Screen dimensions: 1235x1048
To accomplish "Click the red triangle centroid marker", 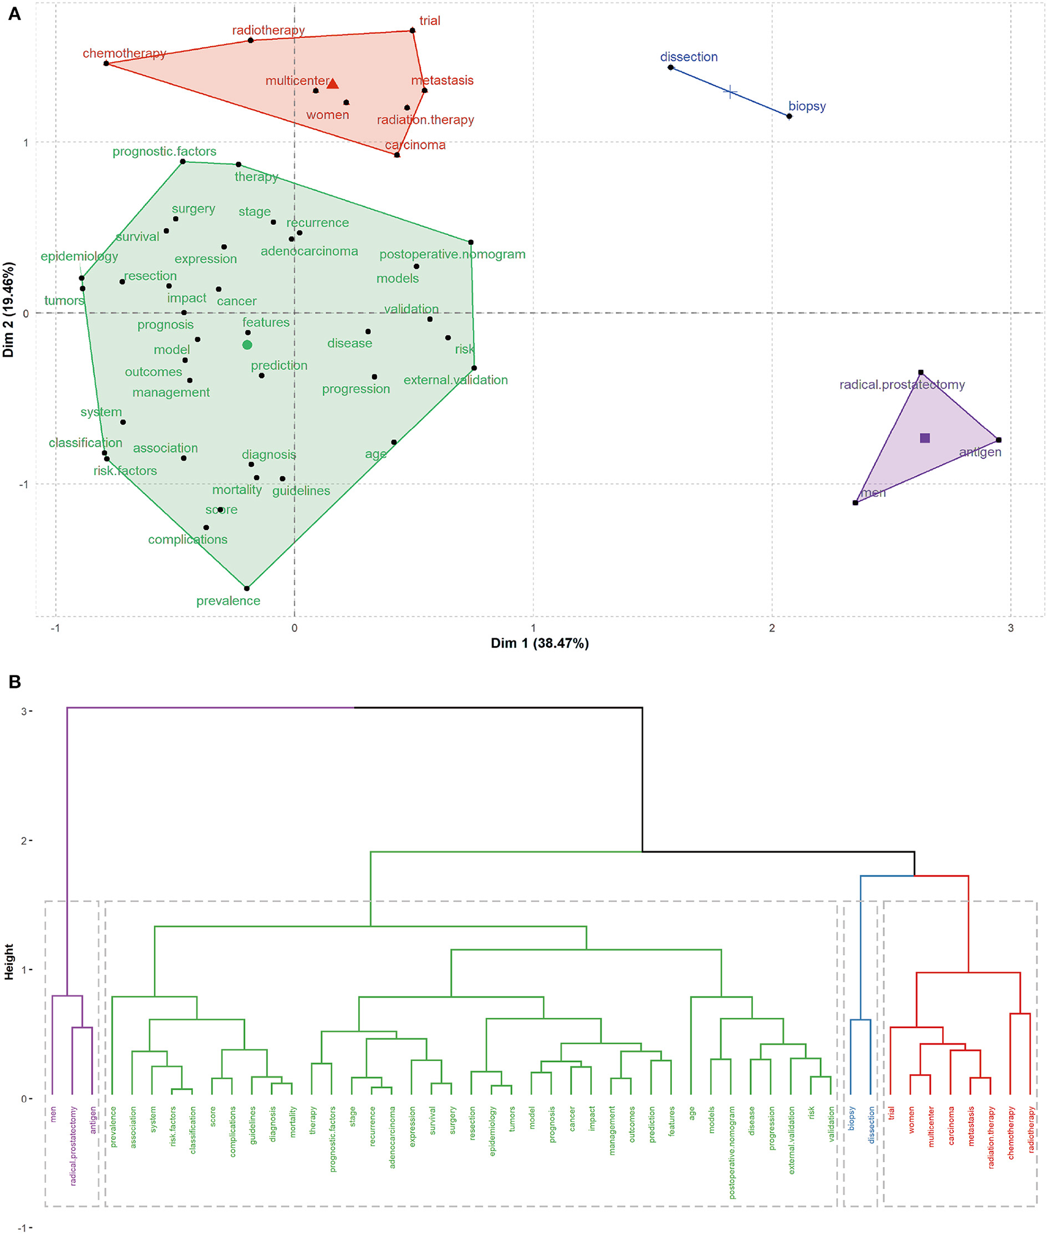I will tap(333, 84).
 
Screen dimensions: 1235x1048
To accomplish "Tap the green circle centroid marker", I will tap(247, 345).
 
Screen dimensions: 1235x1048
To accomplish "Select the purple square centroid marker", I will tap(924, 438).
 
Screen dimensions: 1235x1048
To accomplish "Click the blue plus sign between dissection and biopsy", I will tap(730, 92).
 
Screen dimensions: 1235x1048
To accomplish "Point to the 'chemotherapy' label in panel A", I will tap(124, 53).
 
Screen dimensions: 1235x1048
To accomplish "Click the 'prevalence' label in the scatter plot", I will tap(228, 600).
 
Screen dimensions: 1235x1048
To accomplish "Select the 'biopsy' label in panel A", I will tap(807, 106).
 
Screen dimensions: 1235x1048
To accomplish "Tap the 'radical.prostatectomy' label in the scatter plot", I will tap(901, 384).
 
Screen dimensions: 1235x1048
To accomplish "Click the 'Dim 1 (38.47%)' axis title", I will tap(539, 644).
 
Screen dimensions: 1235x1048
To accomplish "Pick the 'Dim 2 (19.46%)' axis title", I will tap(8, 309).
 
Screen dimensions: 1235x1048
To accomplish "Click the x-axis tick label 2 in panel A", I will tap(772, 628).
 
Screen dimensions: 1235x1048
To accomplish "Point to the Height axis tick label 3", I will tap(24, 711).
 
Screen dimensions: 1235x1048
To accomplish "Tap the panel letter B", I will tap(15, 682).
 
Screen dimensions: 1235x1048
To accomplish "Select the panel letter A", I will tap(15, 14).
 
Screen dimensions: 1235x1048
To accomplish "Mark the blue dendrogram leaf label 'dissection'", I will tap(871, 1124).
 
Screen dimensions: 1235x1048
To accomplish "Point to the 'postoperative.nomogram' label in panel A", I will tap(452, 254).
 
